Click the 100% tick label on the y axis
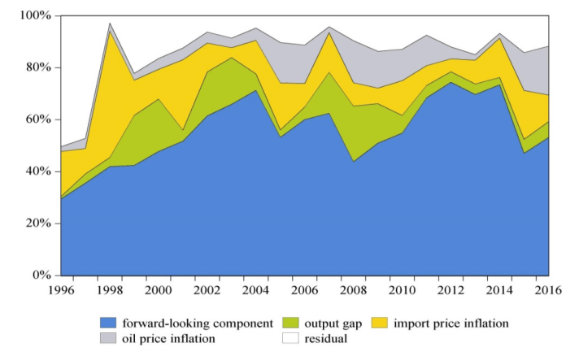pyautogui.click(x=36, y=16)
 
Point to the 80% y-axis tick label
pyautogui.click(x=39, y=67)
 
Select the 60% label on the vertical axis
pyautogui.click(x=39, y=119)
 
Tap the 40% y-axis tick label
pyautogui.click(x=39, y=171)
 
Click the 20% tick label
pyautogui.click(x=39, y=223)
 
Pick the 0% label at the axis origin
pyautogui.click(x=42, y=275)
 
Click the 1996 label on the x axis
pyautogui.click(x=62, y=291)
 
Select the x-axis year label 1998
pyautogui.click(x=111, y=291)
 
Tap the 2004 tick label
pyautogui.click(x=257, y=291)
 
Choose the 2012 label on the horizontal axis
pyautogui.click(x=451, y=291)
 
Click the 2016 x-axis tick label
pyautogui.click(x=549, y=291)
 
